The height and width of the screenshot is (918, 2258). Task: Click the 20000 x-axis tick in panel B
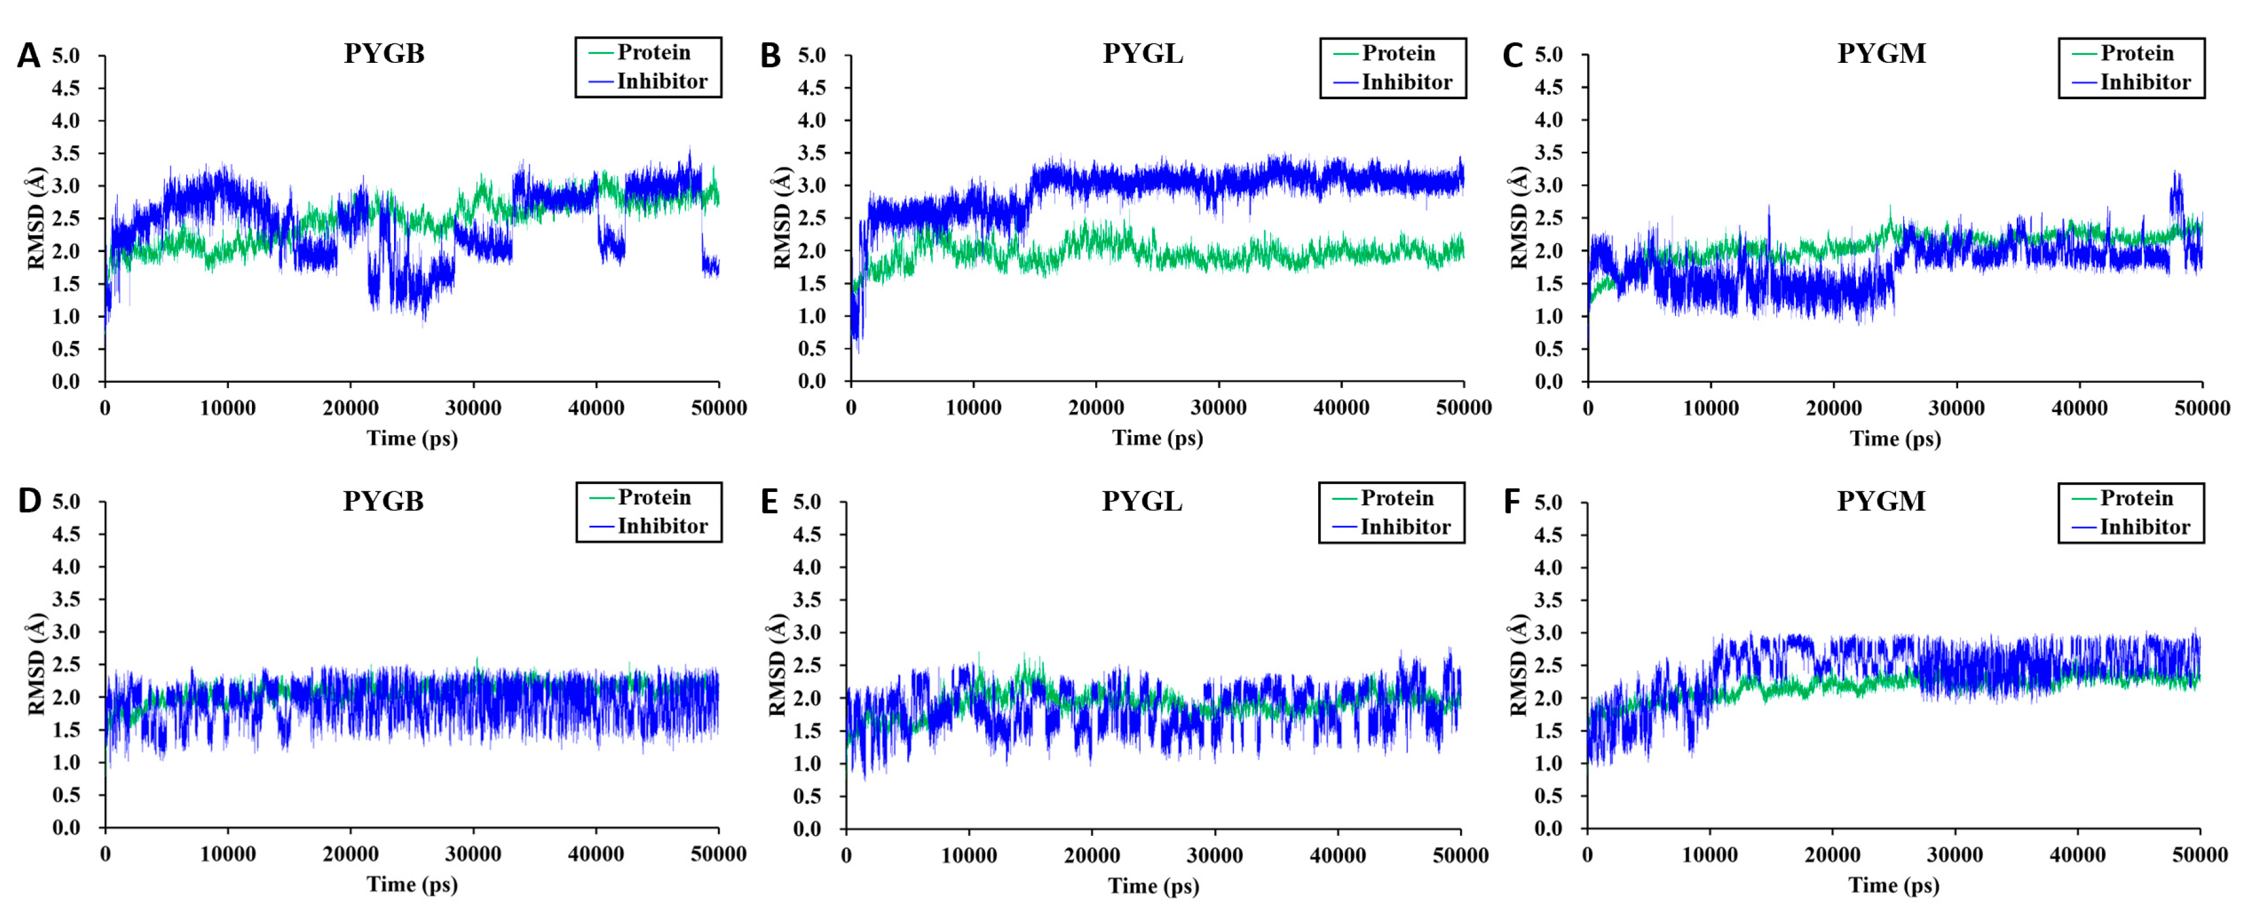click(1096, 408)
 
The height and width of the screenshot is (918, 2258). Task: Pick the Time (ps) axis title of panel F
click(1894, 885)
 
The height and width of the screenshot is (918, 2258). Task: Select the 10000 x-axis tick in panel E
click(969, 855)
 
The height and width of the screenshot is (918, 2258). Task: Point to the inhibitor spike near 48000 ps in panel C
click(2176, 189)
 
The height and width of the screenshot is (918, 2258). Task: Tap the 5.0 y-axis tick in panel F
click(1548, 502)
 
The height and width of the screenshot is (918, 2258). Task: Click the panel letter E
click(769, 502)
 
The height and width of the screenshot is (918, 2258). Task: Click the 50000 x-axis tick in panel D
click(718, 854)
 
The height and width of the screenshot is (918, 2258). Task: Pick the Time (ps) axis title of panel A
click(412, 438)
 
